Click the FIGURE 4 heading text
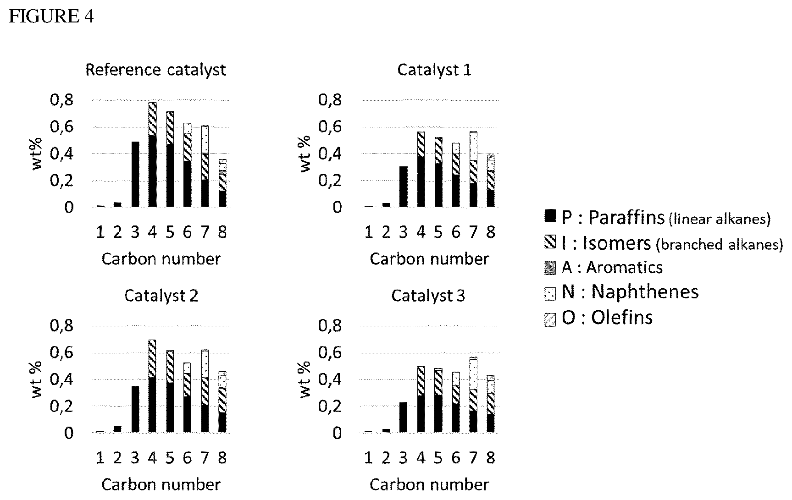coord(51,16)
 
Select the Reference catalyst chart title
coord(156,70)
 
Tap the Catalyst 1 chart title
coord(434,70)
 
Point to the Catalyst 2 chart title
coord(161,296)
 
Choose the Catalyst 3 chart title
coord(428,296)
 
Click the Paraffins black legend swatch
coord(550,215)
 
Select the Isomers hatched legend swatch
coord(550,242)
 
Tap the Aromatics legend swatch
coord(550,268)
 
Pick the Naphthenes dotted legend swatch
coord(550,293)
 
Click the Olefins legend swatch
coord(550,319)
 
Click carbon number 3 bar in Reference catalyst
coord(135,174)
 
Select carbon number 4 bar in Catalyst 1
coord(421,170)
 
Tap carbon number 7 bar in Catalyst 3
coord(473,395)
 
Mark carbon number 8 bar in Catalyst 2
coord(222,402)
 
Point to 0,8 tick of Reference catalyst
coord(61,100)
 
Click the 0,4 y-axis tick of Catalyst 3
coord(330,379)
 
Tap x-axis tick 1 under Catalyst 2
coord(100,457)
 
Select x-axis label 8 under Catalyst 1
coord(491,232)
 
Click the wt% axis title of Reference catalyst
coord(37,154)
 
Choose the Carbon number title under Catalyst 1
coord(429,259)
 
